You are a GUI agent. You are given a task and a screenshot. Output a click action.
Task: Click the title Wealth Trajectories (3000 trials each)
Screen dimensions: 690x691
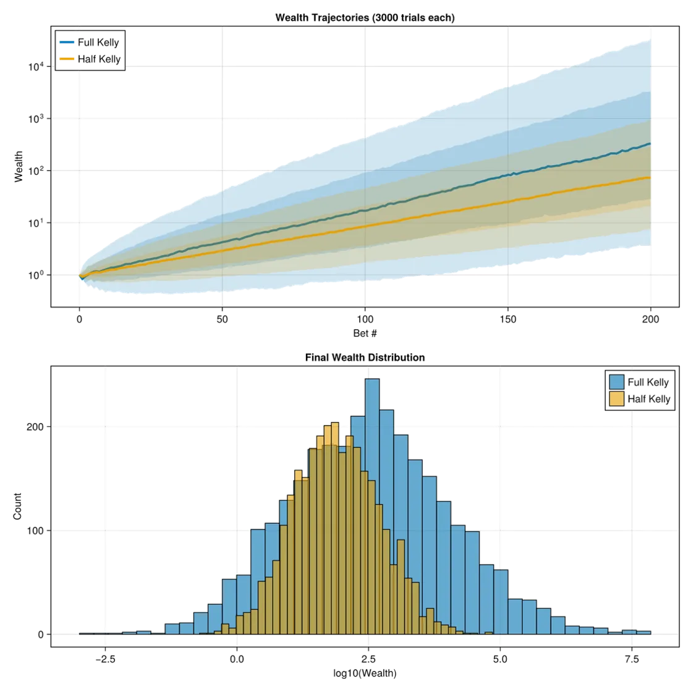coord(365,18)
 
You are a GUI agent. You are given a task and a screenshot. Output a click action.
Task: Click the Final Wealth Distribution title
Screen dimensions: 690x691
coord(365,358)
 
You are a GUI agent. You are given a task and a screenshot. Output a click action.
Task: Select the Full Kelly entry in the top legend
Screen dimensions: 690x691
coord(98,43)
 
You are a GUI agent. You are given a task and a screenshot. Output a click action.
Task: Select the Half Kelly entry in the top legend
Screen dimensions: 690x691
coord(100,59)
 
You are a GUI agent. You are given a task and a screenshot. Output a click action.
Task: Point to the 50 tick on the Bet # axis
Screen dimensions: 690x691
coord(223,319)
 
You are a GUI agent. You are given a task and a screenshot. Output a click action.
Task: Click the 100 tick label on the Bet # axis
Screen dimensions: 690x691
coord(365,319)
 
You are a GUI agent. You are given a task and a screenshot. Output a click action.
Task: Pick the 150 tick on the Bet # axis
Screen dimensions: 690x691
coord(508,319)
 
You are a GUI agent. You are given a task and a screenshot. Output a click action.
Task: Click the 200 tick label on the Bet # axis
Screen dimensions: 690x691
coord(651,319)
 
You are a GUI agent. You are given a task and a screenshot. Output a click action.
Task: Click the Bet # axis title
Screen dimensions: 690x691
coord(365,334)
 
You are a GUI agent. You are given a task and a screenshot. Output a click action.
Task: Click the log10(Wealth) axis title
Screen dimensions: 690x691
coord(365,672)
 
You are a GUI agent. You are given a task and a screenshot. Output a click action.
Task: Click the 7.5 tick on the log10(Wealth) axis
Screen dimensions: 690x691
coord(630,658)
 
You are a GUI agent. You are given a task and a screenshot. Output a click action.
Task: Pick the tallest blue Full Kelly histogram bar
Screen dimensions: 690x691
coord(372,507)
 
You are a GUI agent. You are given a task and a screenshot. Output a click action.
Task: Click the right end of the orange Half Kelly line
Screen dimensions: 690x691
coord(650,177)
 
